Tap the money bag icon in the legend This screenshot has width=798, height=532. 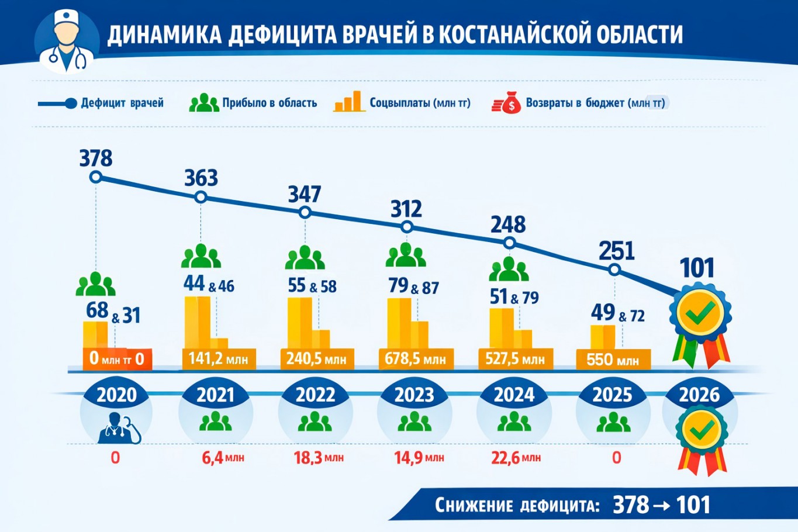(506, 103)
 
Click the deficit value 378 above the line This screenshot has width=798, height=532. (96, 158)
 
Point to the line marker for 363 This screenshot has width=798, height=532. (201, 197)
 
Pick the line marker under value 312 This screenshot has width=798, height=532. (407, 227)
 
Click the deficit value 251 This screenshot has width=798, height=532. (617, 251)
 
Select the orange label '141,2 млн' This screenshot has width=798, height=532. (219, 358)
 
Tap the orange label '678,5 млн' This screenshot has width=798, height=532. (415, 358)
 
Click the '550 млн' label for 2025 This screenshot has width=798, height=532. (613, 359)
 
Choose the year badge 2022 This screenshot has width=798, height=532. (315, 395)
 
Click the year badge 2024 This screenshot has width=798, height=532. (514, 395)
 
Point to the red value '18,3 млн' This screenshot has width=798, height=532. (319, 457)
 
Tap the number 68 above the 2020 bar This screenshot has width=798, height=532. (97, 310)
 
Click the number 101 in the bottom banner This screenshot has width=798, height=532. (693, 505)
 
